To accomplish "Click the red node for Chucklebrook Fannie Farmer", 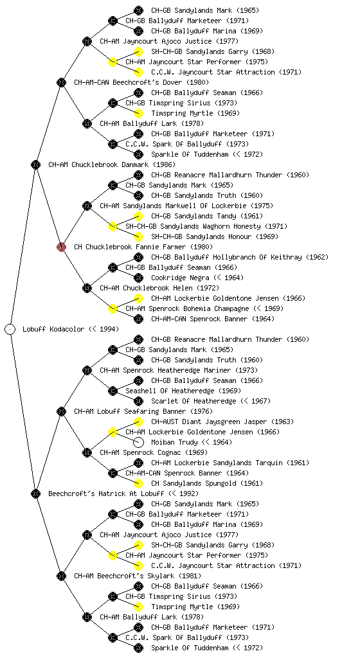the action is [x=61, y=247].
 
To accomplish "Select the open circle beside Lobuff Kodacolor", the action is [x=10, y=329].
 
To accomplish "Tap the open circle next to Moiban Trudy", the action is [x=138, y=442].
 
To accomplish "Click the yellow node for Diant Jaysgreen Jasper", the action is [x=138, y=422].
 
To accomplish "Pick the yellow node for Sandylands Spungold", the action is [x=138, y=483].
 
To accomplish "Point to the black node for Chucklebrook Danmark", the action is [x=35, y=164].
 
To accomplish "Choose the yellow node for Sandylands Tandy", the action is [x=138, y=216].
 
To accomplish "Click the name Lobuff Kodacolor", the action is [x=54, y=329].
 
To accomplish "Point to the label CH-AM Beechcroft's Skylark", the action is [x=124, y=576].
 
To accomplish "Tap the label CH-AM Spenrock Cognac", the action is [x=140, y=452].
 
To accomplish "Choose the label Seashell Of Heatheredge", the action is [x=170, y=391].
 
